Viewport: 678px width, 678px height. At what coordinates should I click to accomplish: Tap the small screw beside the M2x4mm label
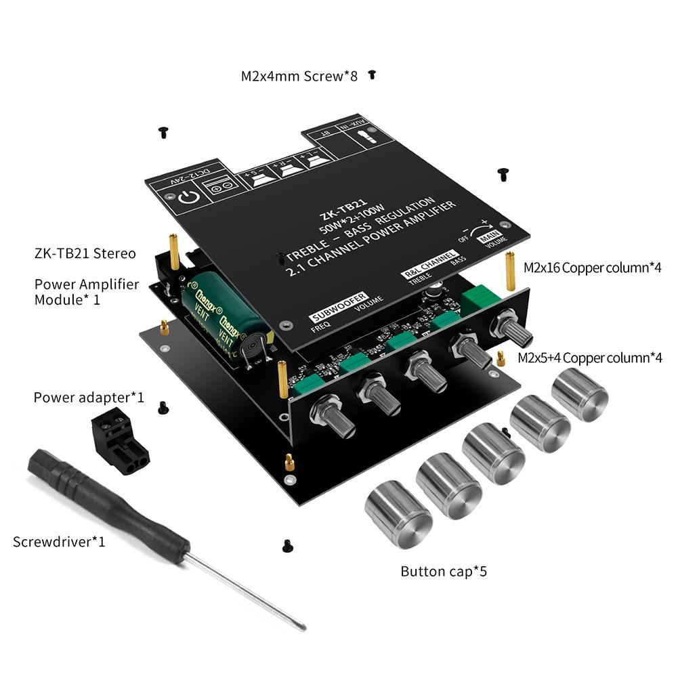pos(372,75)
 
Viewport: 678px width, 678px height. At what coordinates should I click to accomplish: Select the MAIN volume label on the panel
pos(496,237)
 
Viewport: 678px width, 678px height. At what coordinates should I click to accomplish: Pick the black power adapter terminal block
pos(119,441)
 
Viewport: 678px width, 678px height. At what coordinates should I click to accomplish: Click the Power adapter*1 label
pos(89,397)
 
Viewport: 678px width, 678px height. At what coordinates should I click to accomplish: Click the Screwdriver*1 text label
pos(59,542)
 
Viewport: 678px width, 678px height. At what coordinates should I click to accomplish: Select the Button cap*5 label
pos(444,572)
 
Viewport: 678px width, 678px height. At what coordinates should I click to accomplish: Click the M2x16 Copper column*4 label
pos(593,268)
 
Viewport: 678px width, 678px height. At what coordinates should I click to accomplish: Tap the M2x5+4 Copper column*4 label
pos(589,358)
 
